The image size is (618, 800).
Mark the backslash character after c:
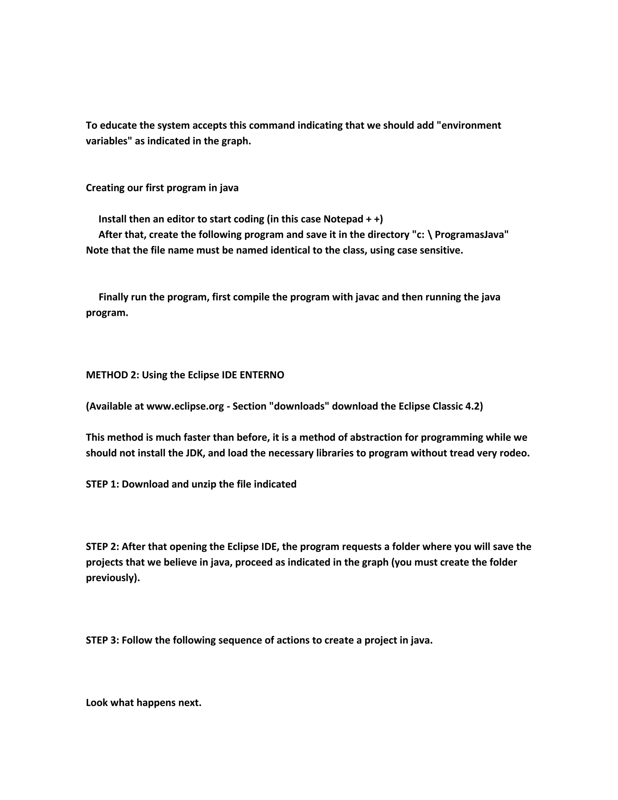click(x=429, y=235)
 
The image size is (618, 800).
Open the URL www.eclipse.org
click(x=185, y=407)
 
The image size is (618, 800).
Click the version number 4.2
click(x=473, y=407)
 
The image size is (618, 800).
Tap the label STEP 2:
click(x=102, y=547)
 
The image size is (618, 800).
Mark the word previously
click(x=112, y=578)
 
